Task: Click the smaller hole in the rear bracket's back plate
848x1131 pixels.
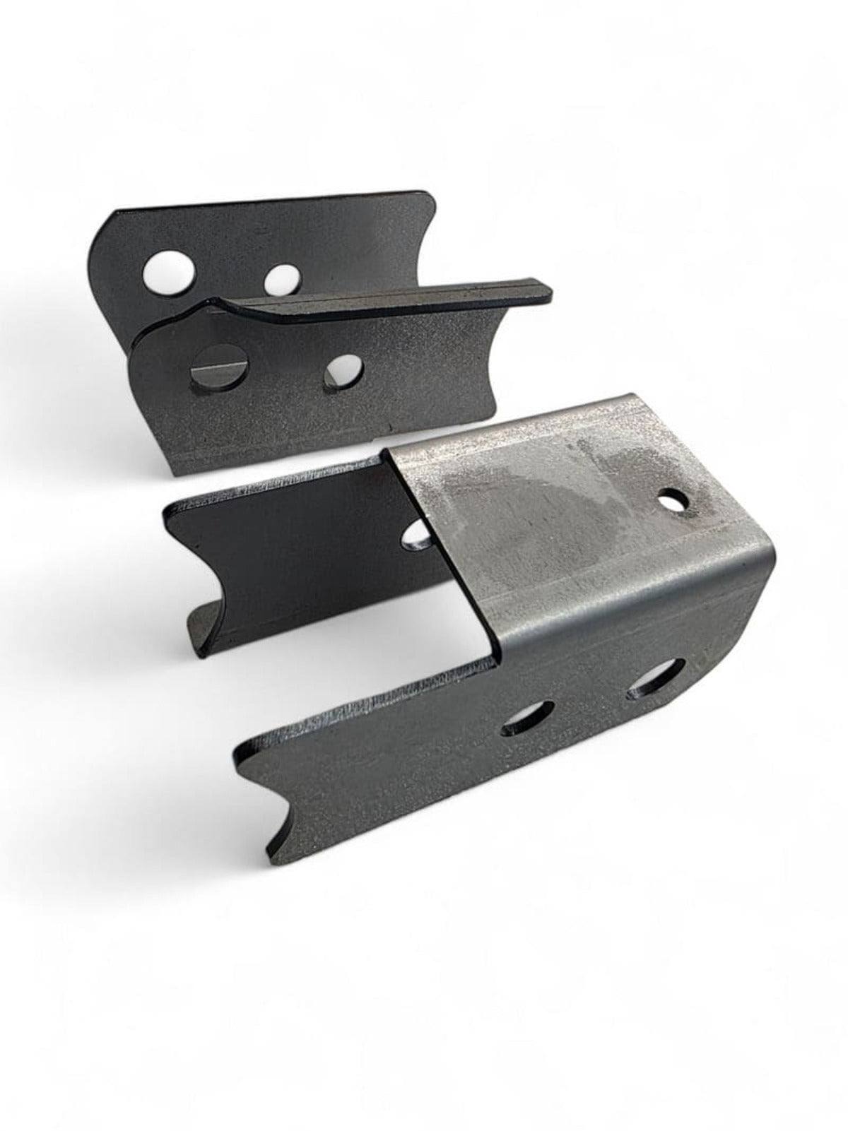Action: [280, 279]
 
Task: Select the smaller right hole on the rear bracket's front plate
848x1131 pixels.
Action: [343, 373]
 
